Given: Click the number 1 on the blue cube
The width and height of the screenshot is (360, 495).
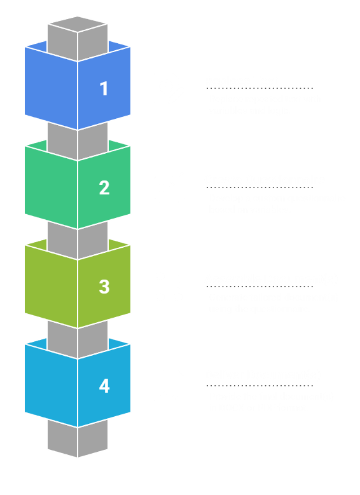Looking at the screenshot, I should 104,88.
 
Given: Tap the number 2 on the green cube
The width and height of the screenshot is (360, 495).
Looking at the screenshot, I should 104,187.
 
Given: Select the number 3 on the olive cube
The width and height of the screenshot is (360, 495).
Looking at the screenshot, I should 104,287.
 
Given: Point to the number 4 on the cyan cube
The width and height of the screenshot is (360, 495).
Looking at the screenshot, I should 104,386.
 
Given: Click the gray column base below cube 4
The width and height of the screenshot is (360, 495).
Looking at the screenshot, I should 78,442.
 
